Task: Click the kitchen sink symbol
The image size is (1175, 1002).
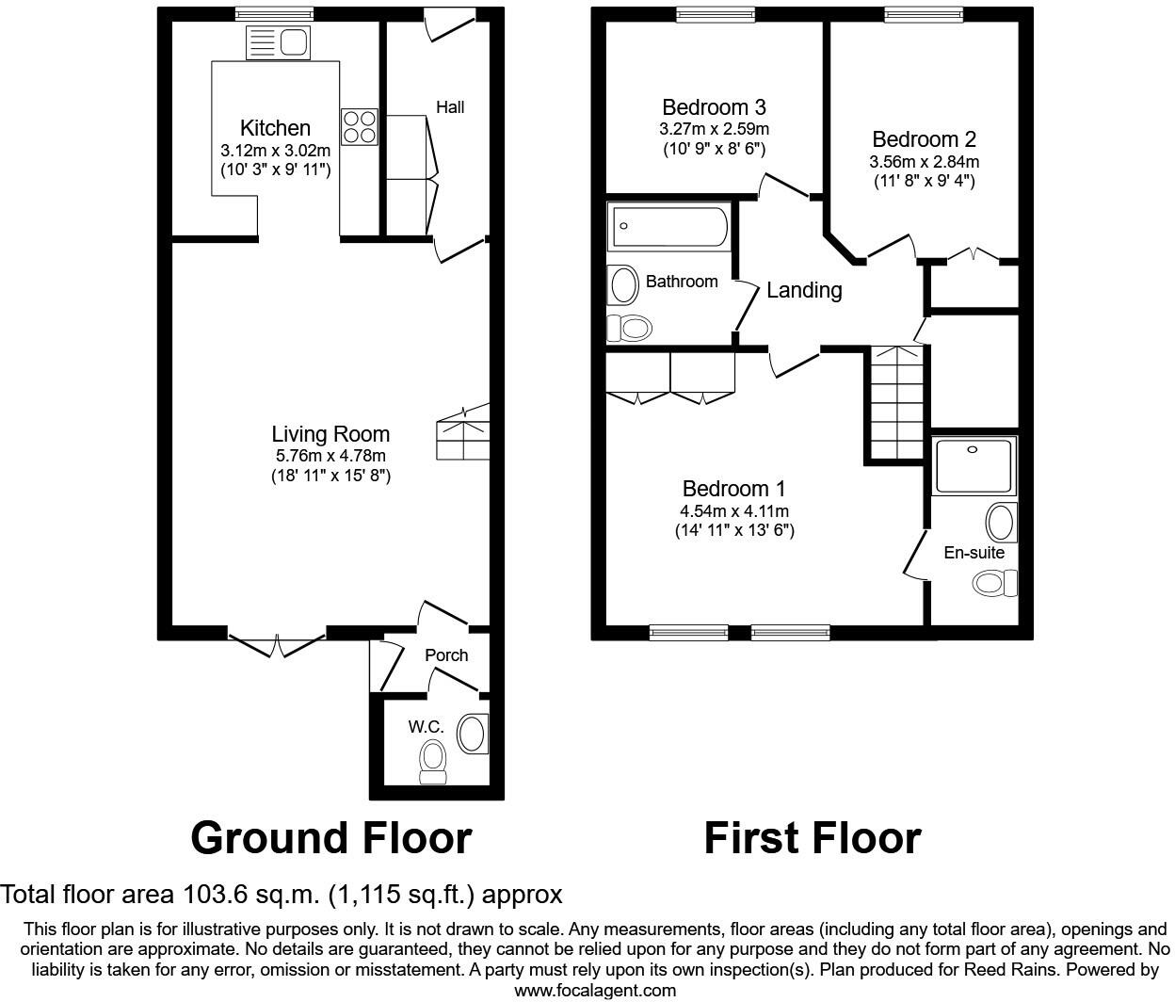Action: point(277,42)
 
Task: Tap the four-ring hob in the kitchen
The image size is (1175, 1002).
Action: point(359,127)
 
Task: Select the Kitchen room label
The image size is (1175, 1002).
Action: point(275,128)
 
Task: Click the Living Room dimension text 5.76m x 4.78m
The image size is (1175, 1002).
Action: point(330,456)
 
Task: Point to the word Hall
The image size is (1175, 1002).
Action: point(450,107)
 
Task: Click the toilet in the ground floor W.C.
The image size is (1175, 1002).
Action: point(433,761)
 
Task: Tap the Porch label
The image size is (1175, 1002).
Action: point(446,655)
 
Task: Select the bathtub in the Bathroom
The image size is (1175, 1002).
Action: point(668,226)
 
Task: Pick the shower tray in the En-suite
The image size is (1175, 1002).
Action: point(974,465)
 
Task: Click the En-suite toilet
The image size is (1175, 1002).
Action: point(994,583)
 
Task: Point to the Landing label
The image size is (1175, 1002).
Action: point(804,290)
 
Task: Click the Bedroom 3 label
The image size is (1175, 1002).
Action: point(714,107)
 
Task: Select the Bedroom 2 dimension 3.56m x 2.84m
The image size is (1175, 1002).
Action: point(924,161)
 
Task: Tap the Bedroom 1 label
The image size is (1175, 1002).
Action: point(733,489)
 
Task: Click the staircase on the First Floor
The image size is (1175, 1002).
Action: point(896,402)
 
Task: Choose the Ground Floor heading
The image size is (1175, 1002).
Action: point(330,837)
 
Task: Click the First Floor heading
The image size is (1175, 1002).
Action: point(812,837)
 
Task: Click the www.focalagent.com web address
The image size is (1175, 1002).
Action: point(595,990)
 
